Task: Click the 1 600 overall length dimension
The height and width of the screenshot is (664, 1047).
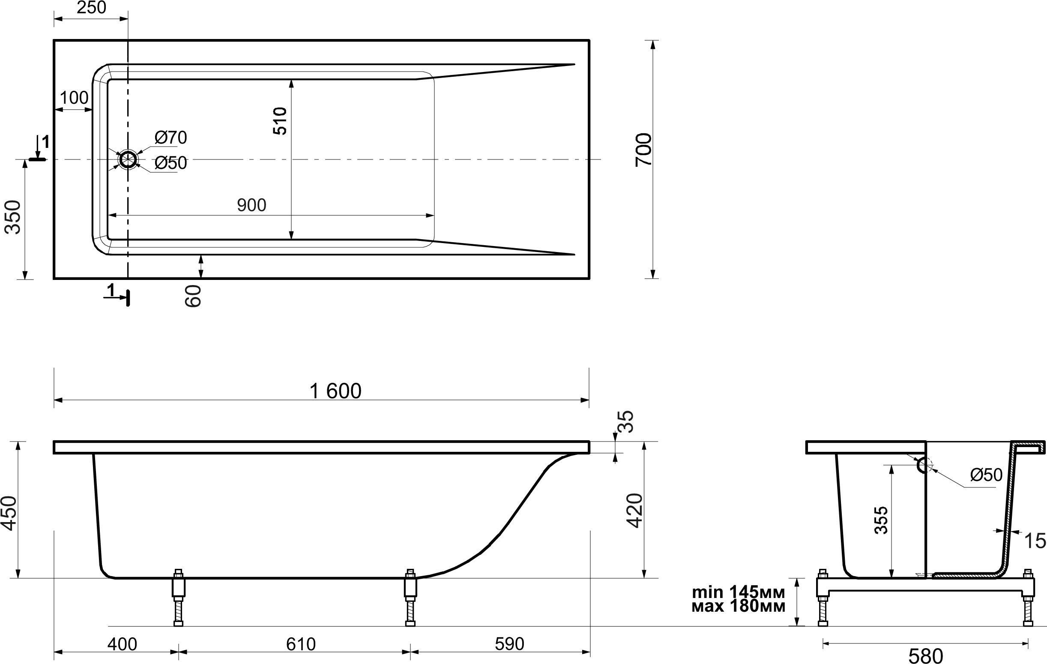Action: click(335, 391)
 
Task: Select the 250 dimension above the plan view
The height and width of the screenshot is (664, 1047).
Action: click(91, 8)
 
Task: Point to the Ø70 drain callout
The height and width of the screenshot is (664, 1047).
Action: click(171, 138)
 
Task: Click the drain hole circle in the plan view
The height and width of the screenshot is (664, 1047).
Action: click(128, 160)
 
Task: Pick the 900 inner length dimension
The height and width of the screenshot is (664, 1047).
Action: click(252, 205)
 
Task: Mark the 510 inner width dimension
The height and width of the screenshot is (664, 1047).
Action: click(281, 121)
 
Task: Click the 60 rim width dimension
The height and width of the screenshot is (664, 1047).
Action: click(193, 296)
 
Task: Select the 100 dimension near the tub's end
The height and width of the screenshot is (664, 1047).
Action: click(75, 98)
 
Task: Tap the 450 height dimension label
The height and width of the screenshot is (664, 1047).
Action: click(9, 514)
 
